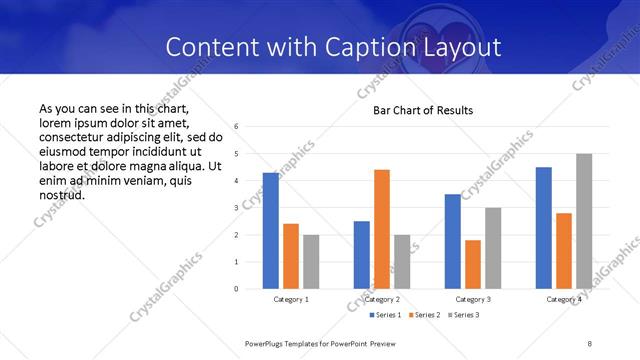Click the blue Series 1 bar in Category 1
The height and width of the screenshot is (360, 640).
tap(271, 231)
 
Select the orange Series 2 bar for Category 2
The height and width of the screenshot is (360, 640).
tap(382, 229)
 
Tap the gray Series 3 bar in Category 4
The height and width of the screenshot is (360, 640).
tap(584, 221)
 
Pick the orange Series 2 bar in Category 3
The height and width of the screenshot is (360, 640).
tap(473, 264)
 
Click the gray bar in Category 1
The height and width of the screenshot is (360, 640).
tap(311, 262)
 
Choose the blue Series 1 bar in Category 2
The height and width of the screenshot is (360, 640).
tap(362, 255)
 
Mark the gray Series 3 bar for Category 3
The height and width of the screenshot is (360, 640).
tap(493, 248)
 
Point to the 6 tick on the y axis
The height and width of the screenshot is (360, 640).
tap(236, 127)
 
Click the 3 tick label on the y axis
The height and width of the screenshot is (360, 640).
tap(236, 208)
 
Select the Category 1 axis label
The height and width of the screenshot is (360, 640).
tap(291, 299)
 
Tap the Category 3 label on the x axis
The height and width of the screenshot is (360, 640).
tap(473, 299)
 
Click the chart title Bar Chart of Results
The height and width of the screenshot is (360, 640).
tap(423, 110)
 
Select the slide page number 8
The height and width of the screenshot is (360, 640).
tap(591, 343)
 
